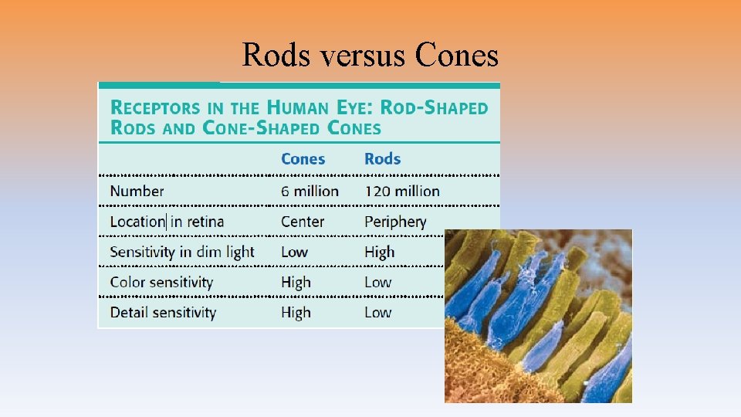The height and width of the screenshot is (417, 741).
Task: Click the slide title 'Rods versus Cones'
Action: point(370,55)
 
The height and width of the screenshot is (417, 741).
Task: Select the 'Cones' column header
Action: point(303,159)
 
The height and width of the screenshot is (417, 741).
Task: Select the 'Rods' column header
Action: point(382,159)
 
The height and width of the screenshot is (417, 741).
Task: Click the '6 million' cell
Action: point(310,191)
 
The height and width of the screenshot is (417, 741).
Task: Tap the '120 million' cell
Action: point(401,191)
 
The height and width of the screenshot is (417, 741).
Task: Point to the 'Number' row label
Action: point(137,191)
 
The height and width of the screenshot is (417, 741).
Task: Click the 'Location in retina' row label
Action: point(167,222)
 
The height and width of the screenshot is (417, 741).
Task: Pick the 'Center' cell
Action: point(303,222)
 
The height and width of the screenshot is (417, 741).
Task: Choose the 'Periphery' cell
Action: point(395,222)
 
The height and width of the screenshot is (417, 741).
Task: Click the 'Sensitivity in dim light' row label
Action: point(182,252)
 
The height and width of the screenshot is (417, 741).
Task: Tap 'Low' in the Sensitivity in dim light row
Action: point(294,252)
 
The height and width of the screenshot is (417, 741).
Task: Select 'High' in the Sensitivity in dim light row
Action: point(379,252)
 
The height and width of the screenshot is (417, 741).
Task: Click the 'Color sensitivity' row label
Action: point(161,282)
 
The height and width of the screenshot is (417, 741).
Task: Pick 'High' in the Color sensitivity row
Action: point(296,283)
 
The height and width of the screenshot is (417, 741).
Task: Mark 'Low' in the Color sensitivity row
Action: point(377,283)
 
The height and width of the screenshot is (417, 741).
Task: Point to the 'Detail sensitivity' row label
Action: point(163,313)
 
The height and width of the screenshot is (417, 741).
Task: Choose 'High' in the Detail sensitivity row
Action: point(296,313)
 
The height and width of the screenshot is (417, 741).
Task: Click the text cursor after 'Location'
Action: point(165,222)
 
